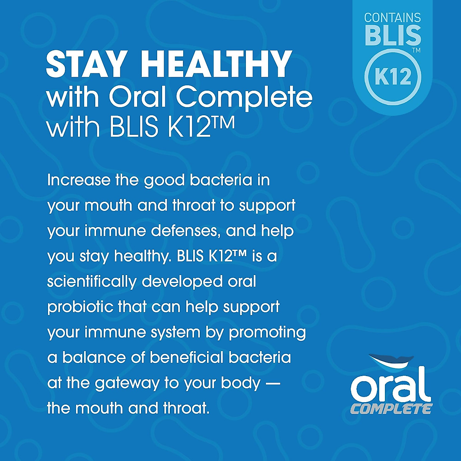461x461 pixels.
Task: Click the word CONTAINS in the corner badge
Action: pyautogui.click(x=392, y=18)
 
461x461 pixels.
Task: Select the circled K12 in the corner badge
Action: pyautogui.click(x=393, y=77)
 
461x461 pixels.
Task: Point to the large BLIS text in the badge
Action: pyautogui.click(x=392, y=35)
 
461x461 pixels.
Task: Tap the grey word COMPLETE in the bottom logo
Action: pyautogui.click(x=391, y=408)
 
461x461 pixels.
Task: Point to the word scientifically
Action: pyautogui.click(x=91, y=282)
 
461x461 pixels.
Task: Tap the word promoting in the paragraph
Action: pyautogui.click(x=267, y=333)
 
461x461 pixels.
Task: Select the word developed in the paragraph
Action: pyautogui.click(x=182, y=282)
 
